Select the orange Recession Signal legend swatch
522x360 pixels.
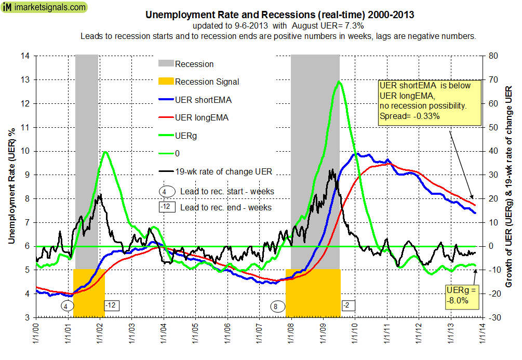[x=166, y=82]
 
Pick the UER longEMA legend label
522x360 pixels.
[x=201, y=117]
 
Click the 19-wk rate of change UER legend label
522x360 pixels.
[x=223, y=171]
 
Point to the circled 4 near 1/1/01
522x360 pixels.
[x=66, y=306]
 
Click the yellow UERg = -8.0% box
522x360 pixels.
[x=458, y=296]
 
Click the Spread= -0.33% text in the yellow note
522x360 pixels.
[x=410, y=116]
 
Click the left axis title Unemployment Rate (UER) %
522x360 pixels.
[x=11, y=186]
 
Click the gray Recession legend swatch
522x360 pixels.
[x=166, y=64]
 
